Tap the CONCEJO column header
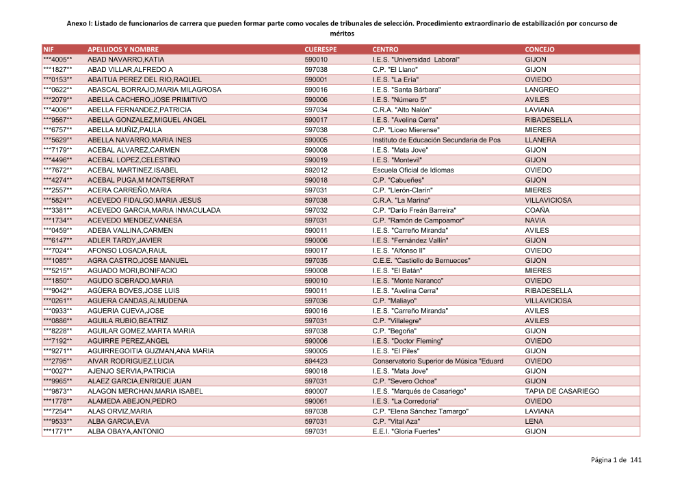pos(540,50)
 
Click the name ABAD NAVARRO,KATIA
pos(126,60)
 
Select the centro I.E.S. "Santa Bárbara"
pos(406,90)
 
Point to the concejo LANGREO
pos(541,90)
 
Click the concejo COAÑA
pos(537,210)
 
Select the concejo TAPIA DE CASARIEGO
pos(562,392)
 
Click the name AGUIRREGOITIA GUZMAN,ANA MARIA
pos(150,351)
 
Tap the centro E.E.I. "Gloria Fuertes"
pos(406,432)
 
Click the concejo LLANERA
pos(540,140)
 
